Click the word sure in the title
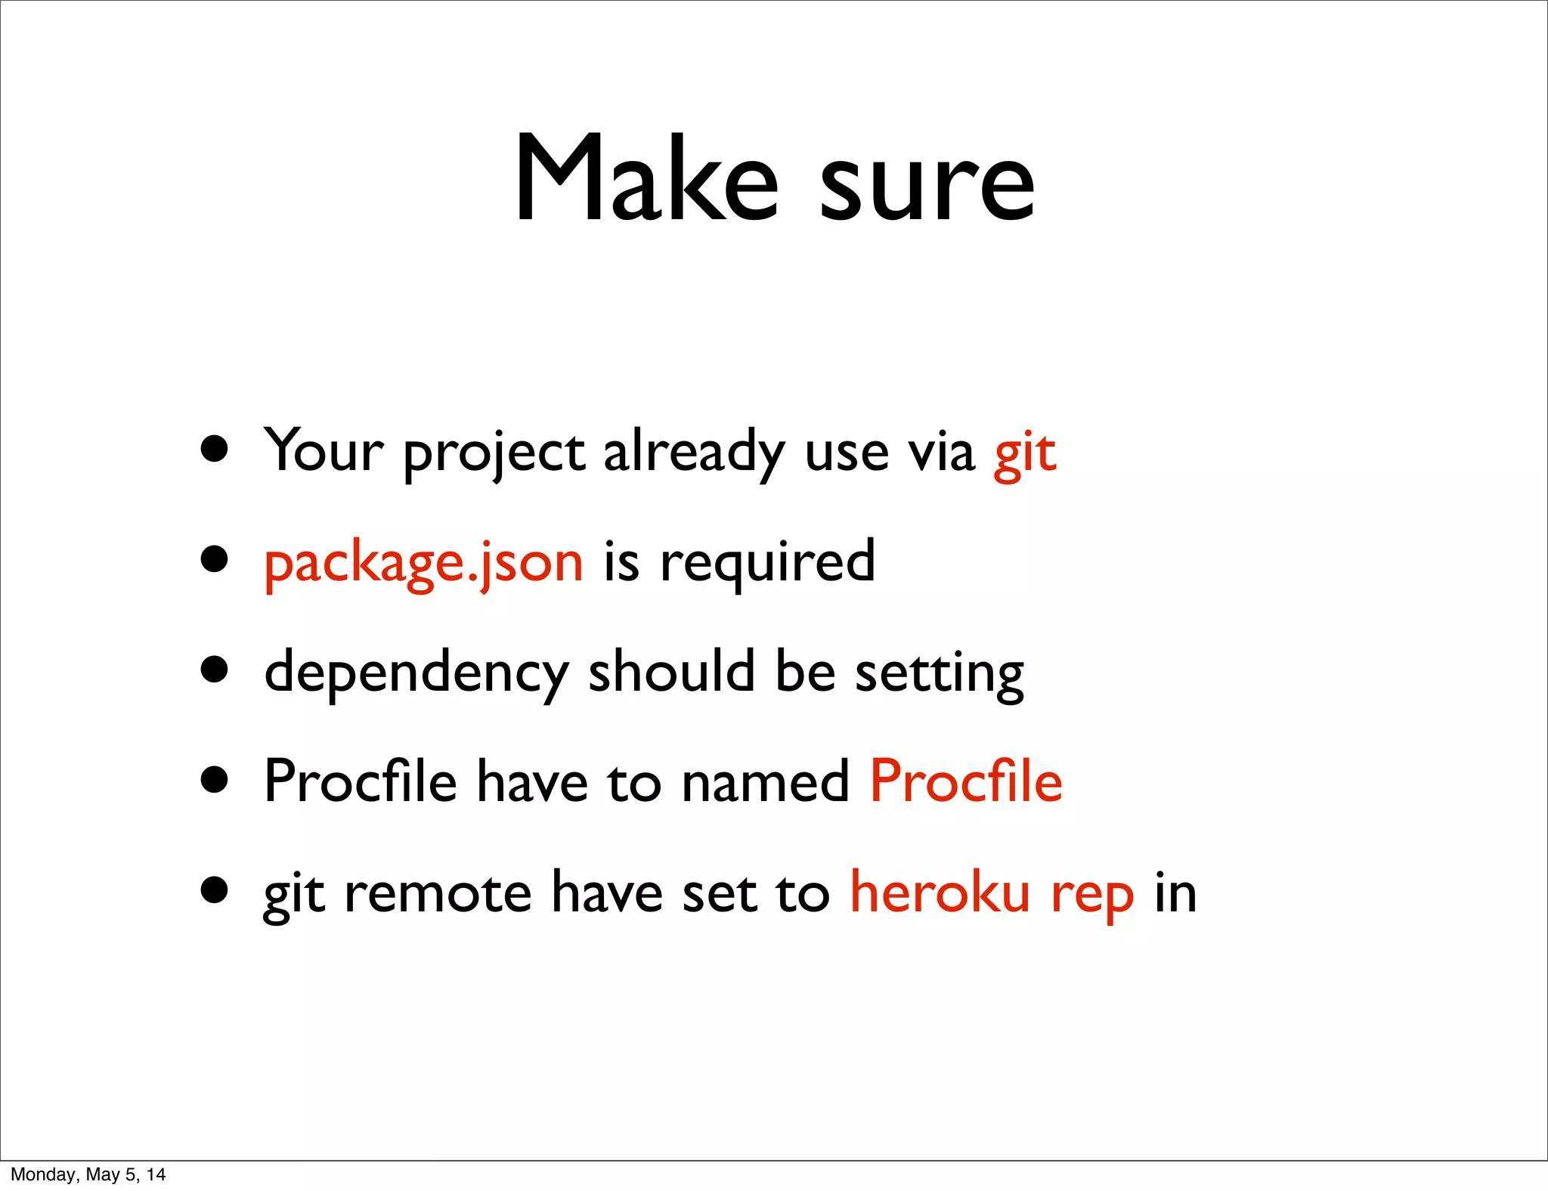pyautogui.click(x=927, y=185)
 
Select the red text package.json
pyautogui.click(x=423, y=563)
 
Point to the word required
pyautogui.click(x=767, y=563)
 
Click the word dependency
pyautogui.click(x=416, y=673)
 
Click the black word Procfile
pyautogui.click(x=361, y=781)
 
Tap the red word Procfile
pyautogui.click(x=966, y=781)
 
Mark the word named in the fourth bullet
pyautogui.click(x=765, y=783)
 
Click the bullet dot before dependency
pyautogui.click(x=215, y=669)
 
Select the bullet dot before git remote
pyautogui.click(x=215, y=889)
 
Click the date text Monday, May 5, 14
pyautogui.click(x=88, y=1174)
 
